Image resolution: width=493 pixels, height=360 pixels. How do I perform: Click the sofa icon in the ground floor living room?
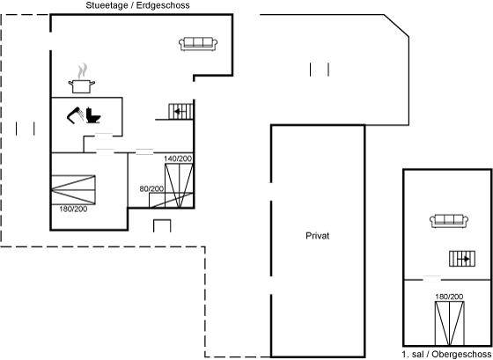click(x=198, y=44)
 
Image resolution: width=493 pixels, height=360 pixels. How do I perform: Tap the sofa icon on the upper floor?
click(x=449, y=221)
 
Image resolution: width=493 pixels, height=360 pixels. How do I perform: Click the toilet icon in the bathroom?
click(x=93, y=115)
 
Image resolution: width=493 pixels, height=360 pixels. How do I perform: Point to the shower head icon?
click(x=76, y=115)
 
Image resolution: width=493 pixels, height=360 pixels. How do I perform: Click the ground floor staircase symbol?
click(x=180, y=111)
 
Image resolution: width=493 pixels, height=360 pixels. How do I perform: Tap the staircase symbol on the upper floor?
click(x=462, y=259)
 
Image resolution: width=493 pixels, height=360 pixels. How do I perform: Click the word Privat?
click(x=317, y=236)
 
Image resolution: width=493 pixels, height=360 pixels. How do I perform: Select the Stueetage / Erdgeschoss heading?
click(x=137, y=5)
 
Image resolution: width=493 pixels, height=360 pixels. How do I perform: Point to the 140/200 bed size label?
click(x=178, y=158)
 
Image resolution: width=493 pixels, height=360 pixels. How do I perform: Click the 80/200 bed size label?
click(x=151, y=188)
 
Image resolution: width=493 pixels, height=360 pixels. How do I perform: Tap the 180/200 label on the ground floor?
click(x=73, y=209)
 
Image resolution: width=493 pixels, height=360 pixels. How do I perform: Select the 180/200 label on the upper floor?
click(x=449, y=297)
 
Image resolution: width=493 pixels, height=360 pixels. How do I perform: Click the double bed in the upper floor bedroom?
click(x=450, y=323)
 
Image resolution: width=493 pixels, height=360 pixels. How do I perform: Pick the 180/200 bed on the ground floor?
click(x=73, y=190)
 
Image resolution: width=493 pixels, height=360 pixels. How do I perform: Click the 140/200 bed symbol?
click(x=179, y=186)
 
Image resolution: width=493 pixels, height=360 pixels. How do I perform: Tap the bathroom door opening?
click(x=104, y=136)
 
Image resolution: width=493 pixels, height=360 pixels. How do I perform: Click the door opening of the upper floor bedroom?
click(x=432, y=279)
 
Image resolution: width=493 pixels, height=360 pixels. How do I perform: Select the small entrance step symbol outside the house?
click(x=162, y=225)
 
